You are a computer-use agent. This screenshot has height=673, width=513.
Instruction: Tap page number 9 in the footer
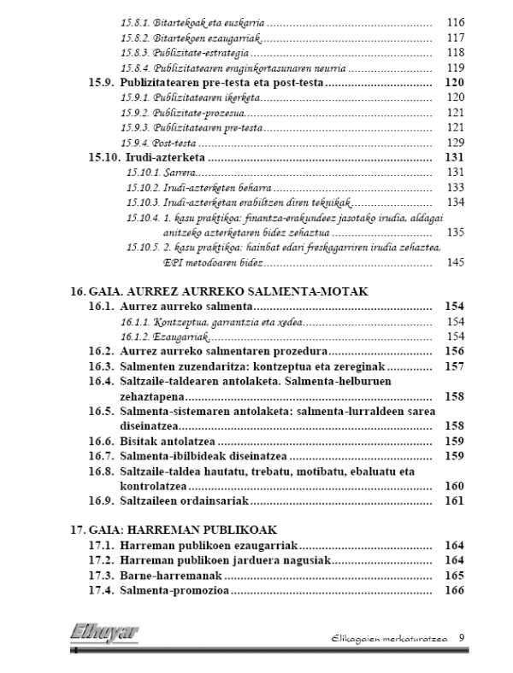[x=462, y=637]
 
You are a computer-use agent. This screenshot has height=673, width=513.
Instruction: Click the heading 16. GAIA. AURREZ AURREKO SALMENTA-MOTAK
[x=220, y=290]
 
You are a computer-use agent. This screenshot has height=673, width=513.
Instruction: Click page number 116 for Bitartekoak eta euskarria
[x=455, y=21]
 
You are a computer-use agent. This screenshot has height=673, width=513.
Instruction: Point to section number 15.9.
[x=102, y=83]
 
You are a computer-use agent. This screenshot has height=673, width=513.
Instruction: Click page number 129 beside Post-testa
[x=455, y=143]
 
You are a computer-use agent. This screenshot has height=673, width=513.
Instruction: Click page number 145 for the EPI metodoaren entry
[x=455, y=262]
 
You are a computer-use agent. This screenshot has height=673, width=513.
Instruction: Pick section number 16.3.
[x=102, y=366]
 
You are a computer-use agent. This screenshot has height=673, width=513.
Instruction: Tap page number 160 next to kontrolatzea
[x=455, y=486]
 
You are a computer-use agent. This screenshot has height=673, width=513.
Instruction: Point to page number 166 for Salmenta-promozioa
[x=455, y=590]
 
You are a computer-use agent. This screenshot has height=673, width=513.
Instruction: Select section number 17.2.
[x=102, y=560]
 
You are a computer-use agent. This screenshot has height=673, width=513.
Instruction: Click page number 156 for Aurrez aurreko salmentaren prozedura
[x=455, y=350]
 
